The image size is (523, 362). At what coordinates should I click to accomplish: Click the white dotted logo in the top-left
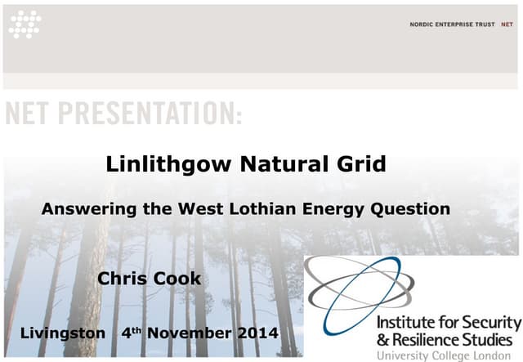point(25,25)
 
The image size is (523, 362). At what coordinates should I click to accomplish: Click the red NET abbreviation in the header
point(507,25)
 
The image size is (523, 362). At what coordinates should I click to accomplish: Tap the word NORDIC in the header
point(423,25)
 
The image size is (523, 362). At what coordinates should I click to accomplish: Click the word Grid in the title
point(359,164)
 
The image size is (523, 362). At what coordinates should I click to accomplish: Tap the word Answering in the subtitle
point(88,209)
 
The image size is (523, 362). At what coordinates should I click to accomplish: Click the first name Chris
point(123,279)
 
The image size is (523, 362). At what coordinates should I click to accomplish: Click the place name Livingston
point(62,333)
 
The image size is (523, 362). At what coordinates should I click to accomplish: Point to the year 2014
point(258,333)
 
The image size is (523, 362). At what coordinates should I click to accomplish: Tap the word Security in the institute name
point(485,320)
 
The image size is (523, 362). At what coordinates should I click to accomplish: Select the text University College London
point(448,355)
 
